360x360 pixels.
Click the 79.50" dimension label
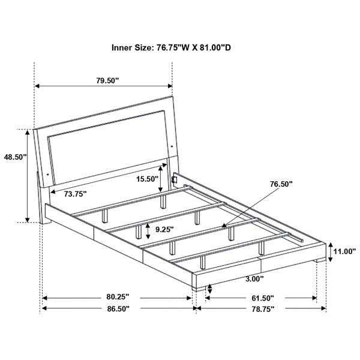[107, 80]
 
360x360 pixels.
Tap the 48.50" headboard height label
[15, 157]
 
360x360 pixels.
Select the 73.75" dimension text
[75, 194]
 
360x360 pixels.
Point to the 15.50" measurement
[147, 179]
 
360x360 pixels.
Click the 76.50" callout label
[281, 184]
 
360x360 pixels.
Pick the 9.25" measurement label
[164, 229]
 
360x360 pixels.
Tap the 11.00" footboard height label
[344, 251]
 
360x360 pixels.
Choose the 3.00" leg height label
[254, 279]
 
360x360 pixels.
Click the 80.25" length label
[118, 297]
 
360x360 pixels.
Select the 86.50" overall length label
[118, 309]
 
